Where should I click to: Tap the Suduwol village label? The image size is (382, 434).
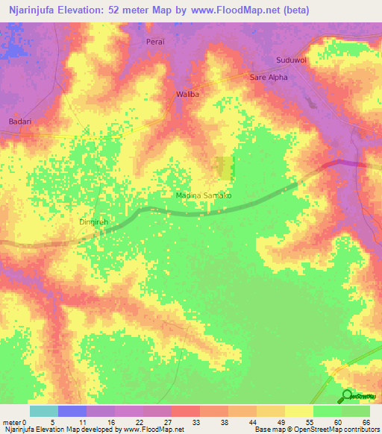[290, 60]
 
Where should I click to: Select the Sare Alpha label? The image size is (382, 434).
[268, 77]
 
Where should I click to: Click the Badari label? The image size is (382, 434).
[19, 121]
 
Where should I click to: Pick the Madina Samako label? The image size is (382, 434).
[204, 195]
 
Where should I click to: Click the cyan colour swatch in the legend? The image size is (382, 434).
[44, 411]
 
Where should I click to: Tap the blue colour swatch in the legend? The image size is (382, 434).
[72, 411]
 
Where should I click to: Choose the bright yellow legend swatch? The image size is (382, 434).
[299, 411]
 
